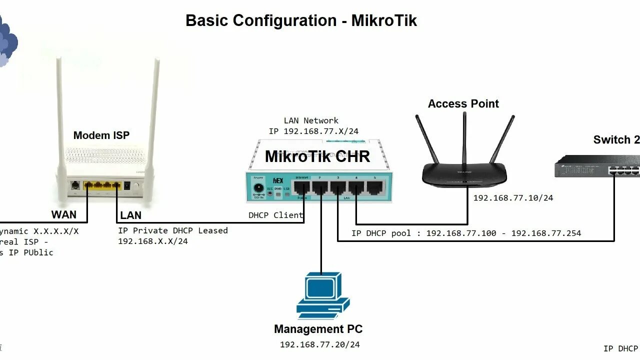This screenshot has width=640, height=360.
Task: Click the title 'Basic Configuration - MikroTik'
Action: tap(301, 20)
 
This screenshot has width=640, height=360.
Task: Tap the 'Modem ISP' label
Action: tap(101, 135)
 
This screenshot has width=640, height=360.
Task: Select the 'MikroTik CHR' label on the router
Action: tap(317, 156)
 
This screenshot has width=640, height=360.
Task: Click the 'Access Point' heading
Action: tap(463, 104)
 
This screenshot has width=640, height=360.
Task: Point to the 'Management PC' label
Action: tap(318, 329)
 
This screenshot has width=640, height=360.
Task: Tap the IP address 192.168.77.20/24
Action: tap(319, 344)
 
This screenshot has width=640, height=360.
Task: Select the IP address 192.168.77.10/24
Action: tap(513, 198)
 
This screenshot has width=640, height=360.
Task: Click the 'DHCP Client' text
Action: tap(275, 215)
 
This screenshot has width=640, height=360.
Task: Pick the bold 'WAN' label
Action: tap(64, 214)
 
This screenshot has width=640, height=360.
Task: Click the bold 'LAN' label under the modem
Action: tap(130, 215)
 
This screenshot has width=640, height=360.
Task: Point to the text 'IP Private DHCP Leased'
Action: tap(172, 230)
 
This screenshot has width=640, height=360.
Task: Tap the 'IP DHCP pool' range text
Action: tap(466, 233)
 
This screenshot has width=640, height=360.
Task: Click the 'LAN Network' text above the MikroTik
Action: tap(311, 120)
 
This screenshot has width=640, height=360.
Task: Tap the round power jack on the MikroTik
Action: tap(259, 189)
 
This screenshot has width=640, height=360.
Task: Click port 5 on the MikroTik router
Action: tap(374, 188)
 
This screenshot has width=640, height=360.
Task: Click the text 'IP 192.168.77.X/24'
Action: tap(313, 131)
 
